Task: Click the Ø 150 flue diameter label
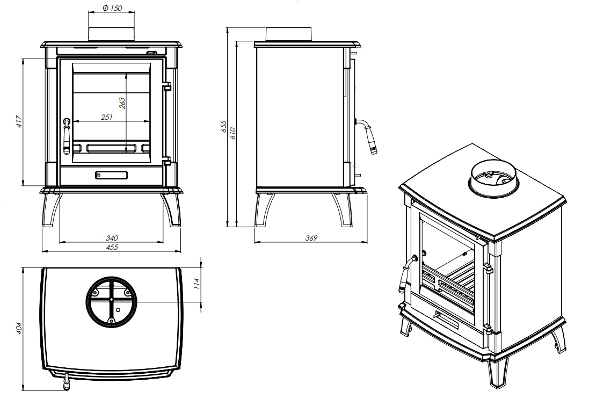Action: pos(111,8)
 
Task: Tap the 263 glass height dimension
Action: pos(122,103)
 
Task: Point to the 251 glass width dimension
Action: pos(106,117)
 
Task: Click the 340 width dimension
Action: pos(112,238)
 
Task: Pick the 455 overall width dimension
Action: pos(112,247)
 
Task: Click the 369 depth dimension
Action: pos(311,238)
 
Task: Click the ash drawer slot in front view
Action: pos(112,175)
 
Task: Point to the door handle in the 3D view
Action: pos(407,274)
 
